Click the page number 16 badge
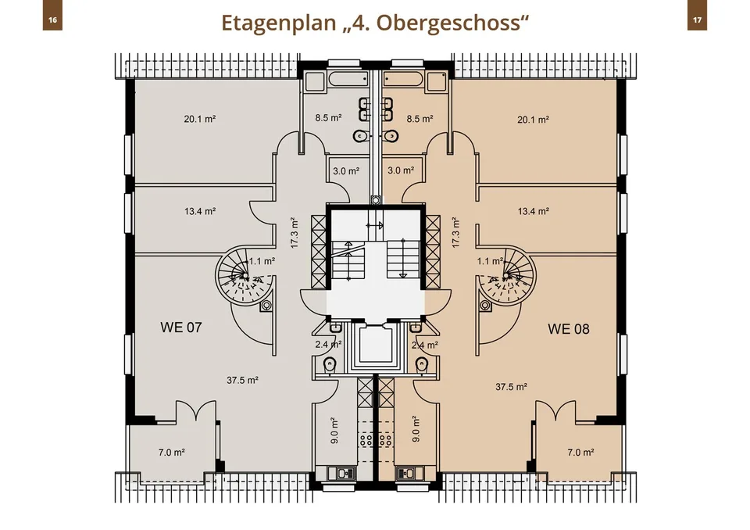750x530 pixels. tap(52, 20)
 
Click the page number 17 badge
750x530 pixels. tap(697, 20)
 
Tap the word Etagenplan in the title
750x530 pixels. tap(279, 23)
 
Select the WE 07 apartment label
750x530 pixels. tap(180, 328)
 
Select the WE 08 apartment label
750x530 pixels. tap(568, 329)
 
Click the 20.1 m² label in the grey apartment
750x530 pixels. tap(199, 119)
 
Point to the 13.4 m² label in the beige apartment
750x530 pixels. tap(534, 211)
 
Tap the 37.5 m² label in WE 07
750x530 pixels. tap(242, 380)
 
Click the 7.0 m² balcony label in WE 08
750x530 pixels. tap(580, 452)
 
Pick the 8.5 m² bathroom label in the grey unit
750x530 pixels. tap(328, 118)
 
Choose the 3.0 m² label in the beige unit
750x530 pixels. tap(401, 170)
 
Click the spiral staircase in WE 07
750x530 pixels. tap(245, 277)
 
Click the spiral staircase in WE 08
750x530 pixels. tap(506, 277)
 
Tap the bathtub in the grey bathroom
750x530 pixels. tap(348, 79)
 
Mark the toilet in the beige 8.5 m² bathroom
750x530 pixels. tap(391, 137)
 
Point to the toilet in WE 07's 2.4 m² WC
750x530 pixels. tap(329, 365)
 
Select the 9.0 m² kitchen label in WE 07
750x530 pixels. tap(334, 430)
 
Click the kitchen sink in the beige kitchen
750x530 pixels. tap(405, 473)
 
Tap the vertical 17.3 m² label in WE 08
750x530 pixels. tap(455, 232)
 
